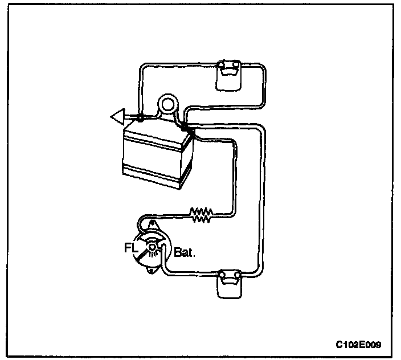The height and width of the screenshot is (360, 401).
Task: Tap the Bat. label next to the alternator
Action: pyautogui.click(x=185, y=251)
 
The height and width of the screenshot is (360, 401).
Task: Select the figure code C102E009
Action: pyautogui.click(x=358, y=345)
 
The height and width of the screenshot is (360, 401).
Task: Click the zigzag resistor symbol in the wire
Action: pyautogui.click(x=201, y=214)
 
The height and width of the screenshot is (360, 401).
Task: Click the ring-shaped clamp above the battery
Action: pyautogui.click(x=167, y=104)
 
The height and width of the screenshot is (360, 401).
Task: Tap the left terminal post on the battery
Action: pyautogui.click(x=140, y=119)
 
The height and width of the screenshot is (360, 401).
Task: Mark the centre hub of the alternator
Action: pyautogui.click(x=153, y=247)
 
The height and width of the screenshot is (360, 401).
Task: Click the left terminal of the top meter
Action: pyautogui.click(x=222, y=64)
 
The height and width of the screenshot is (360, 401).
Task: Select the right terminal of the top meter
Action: pyautogui.click(x=236, y=64)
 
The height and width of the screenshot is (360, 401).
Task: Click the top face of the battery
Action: pyautogui.click(x=157, y=128)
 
